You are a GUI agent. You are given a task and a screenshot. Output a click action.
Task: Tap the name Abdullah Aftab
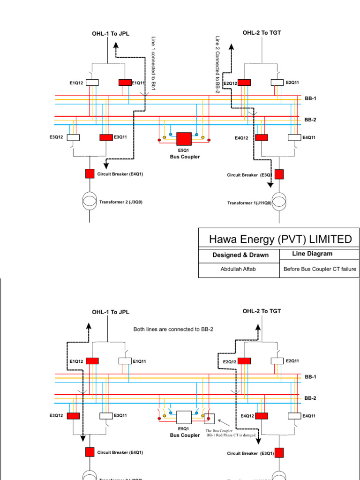pos(239,270)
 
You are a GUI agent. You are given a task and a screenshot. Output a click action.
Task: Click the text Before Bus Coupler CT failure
pos(320,270)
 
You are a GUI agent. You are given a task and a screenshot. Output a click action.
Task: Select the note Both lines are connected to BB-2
pos(173,330)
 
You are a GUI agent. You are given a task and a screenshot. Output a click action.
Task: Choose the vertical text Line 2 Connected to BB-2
pos(217,65)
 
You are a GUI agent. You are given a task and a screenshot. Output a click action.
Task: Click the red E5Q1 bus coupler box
pos(183,139)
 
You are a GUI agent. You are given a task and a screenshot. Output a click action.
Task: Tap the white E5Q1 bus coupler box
pos(183,418)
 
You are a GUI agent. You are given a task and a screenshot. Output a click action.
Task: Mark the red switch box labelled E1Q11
pos(125,82)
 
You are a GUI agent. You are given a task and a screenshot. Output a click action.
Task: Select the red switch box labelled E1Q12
pos(92,361)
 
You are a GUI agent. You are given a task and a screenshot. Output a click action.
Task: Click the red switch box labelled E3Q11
pos(106,137)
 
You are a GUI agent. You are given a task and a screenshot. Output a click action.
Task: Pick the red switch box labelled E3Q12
pos(74,415)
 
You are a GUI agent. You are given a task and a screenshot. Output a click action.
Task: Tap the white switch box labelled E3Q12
pos(74,137)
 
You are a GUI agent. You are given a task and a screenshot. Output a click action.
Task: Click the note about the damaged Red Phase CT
pos(231,433)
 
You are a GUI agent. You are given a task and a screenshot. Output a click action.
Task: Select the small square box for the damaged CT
pos(209,419)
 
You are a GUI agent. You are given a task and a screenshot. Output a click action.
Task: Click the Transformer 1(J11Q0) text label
pos(249,203)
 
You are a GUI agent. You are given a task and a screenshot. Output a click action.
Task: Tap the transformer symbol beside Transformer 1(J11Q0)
pos(279,201)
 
